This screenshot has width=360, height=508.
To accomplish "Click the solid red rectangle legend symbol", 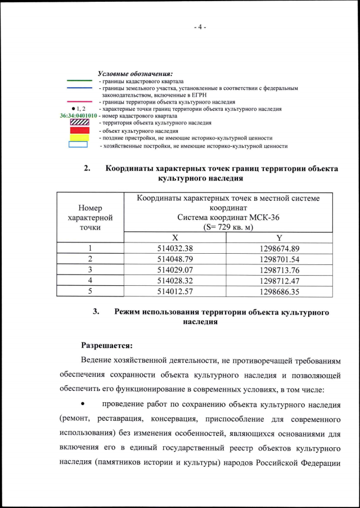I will (x=78, y=130).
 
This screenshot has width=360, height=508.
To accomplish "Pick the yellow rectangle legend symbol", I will (x=78, y=137).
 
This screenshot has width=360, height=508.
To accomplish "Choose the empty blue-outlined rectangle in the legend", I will (x=78, y=145).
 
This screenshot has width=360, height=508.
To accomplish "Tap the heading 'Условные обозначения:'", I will (x=135, y=74).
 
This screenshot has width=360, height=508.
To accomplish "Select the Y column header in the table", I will (x=279, y=239).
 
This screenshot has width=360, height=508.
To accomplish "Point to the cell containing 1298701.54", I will (x=280, y=259).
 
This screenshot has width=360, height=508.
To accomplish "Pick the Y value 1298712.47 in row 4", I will (x=280, y=280).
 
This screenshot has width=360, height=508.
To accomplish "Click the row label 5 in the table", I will (x=90, y=291).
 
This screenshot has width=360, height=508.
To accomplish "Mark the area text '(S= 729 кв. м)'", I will (x=228, y=227).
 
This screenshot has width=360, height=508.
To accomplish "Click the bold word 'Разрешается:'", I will (x=106, y=344).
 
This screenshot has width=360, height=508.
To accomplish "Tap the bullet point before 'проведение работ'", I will (x=83, y=404).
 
